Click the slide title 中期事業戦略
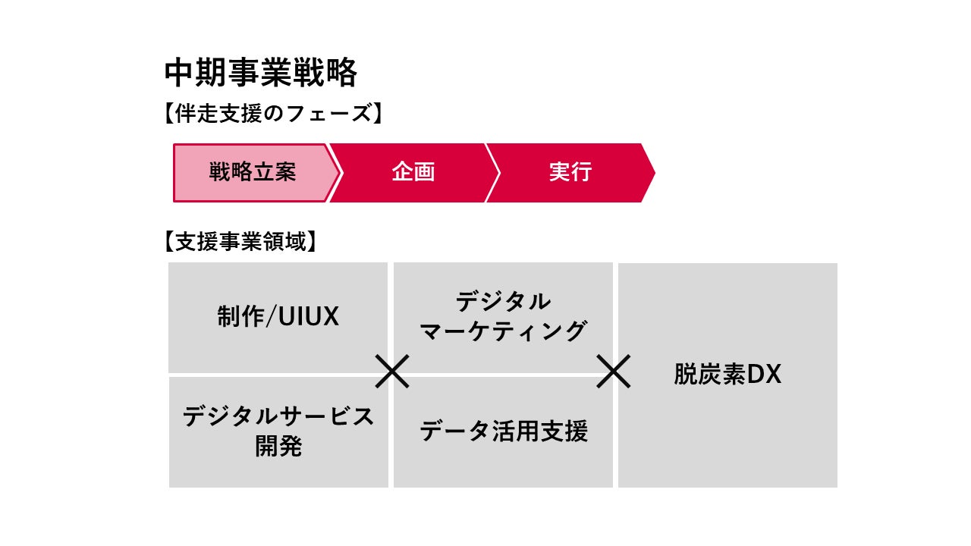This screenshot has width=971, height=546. tap(260, 74)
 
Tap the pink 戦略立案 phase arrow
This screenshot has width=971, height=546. tap(253, 172)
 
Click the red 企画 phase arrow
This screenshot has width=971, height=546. tap(413, 172)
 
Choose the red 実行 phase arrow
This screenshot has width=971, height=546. tap(570, 172)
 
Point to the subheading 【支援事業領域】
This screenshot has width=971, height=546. tap(240, 242)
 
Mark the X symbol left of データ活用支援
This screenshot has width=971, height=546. tap(393, 372)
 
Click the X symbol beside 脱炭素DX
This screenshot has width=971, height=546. tap(614, 372)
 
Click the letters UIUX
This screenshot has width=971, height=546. tap(308, 317)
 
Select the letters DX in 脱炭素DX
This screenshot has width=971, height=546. tap(764, 375)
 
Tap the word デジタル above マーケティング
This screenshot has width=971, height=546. tap(503, 301)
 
